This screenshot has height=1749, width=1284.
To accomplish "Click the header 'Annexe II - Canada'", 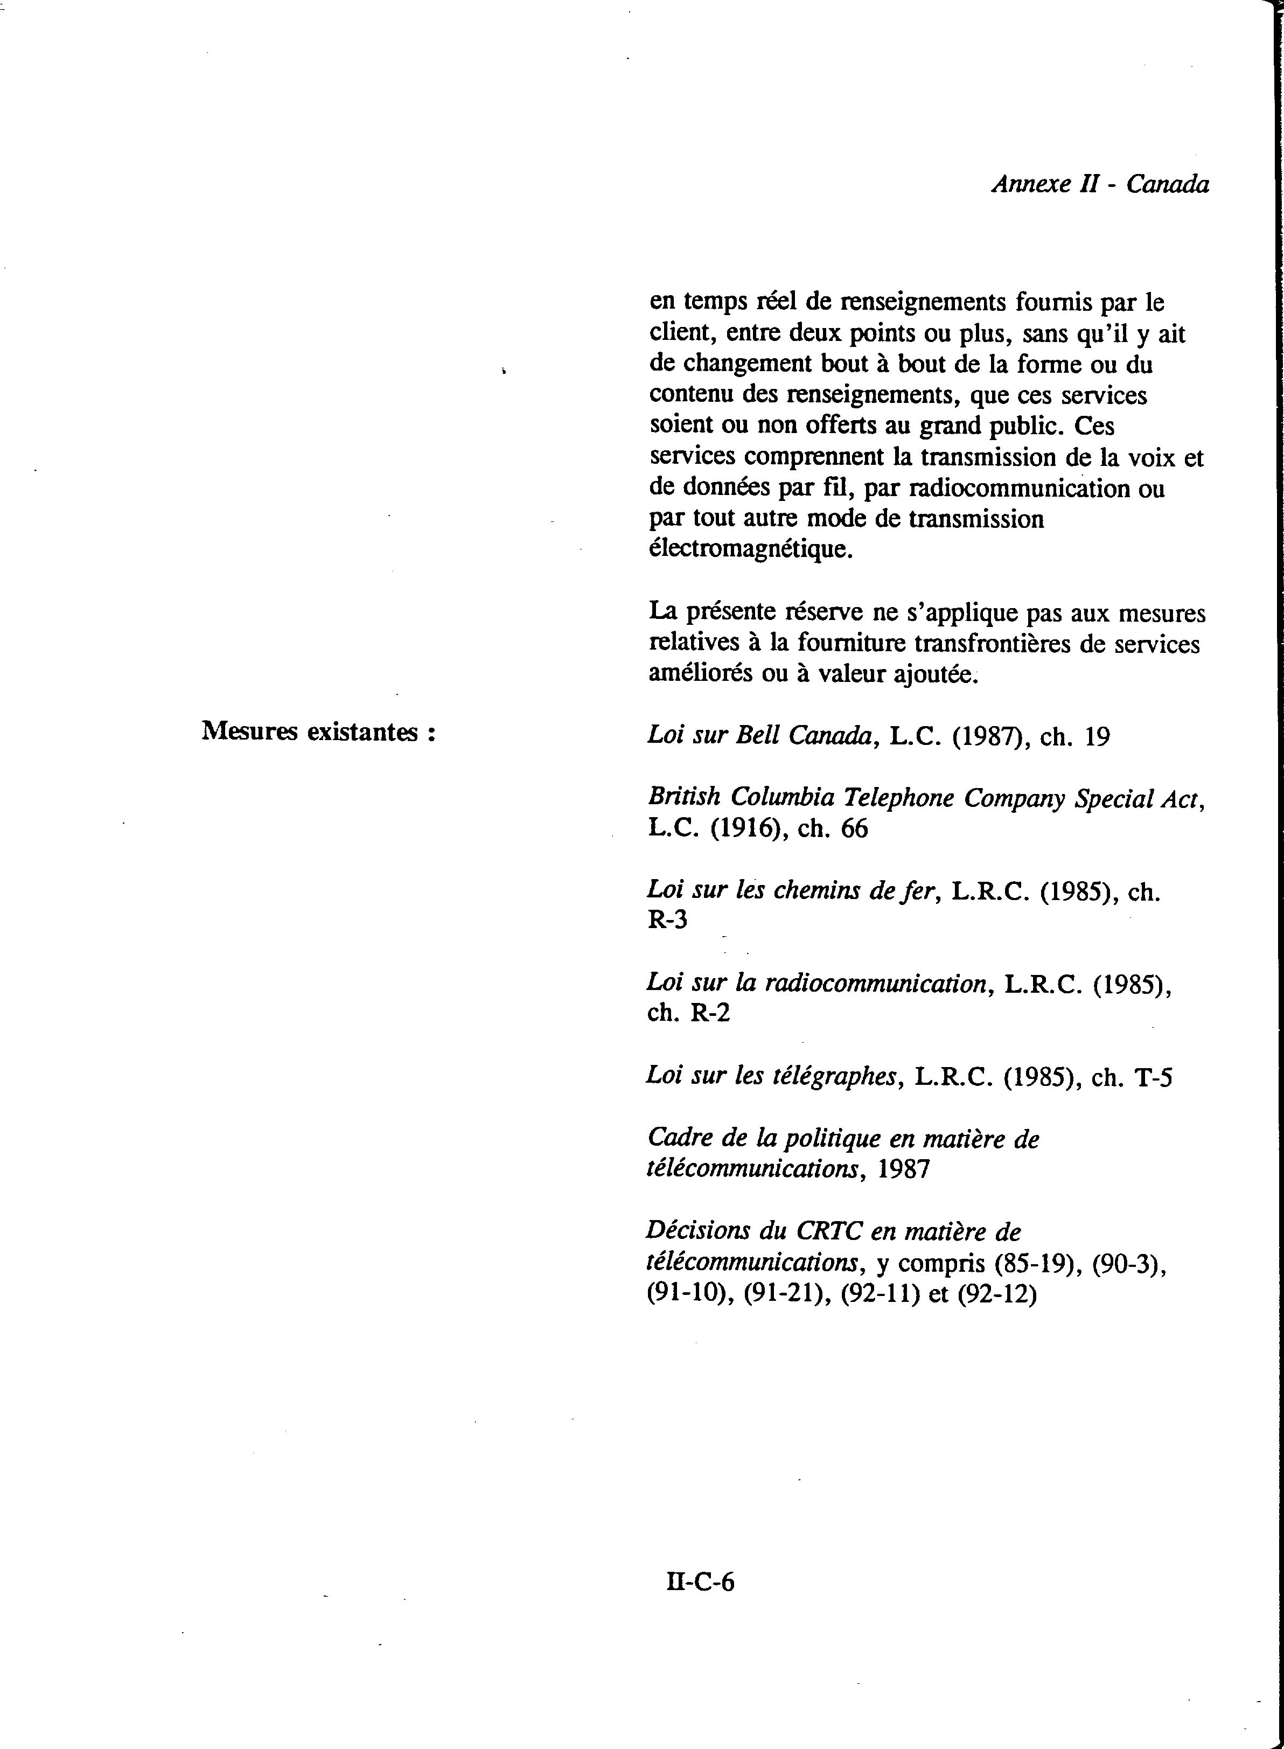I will point(1100,185).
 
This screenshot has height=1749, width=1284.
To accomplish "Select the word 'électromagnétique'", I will point(750,549).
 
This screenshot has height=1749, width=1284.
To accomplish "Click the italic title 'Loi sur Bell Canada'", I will point(758,735).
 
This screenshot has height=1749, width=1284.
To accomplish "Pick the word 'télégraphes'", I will point(833,1077).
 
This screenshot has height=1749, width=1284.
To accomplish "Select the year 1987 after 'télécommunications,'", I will point(903,1169).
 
